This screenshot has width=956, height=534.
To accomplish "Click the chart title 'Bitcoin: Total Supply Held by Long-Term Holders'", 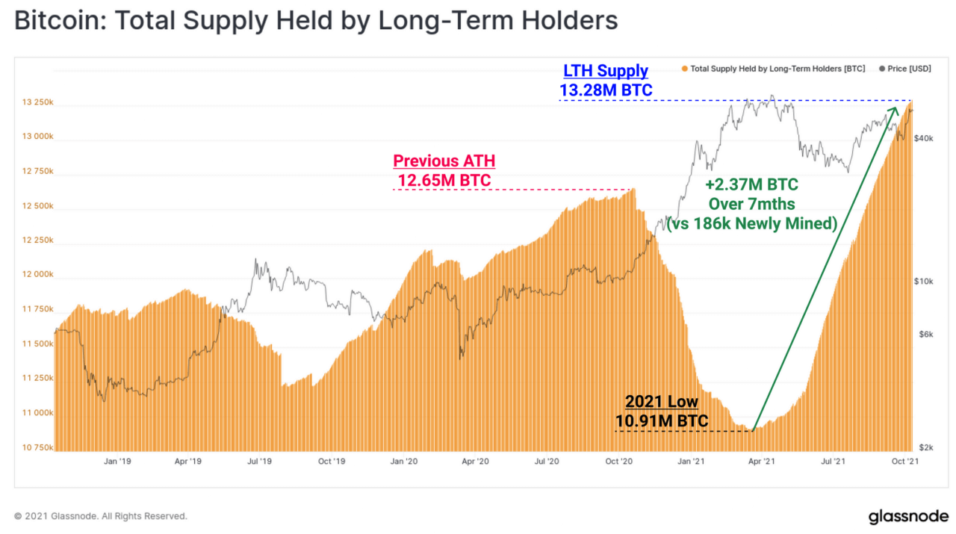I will coord(316,20).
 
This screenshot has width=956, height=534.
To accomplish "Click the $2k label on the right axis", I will coord(926,447).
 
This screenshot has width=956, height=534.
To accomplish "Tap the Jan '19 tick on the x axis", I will coord(117,462).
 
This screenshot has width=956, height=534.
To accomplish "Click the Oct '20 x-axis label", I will coord(618,462).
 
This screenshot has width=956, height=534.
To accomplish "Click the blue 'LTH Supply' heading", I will coord(606,72).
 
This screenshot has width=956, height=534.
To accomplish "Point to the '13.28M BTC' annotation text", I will coord(606,90).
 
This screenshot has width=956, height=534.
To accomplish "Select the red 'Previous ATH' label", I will coord(444,161).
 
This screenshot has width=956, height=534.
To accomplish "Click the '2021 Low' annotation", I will coord(661,403).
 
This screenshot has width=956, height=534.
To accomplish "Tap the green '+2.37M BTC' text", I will coord(751,184).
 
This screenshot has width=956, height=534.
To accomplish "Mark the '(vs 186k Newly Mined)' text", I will coord(751,223).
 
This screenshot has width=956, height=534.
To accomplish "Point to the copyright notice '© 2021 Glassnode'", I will coord(101,516).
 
